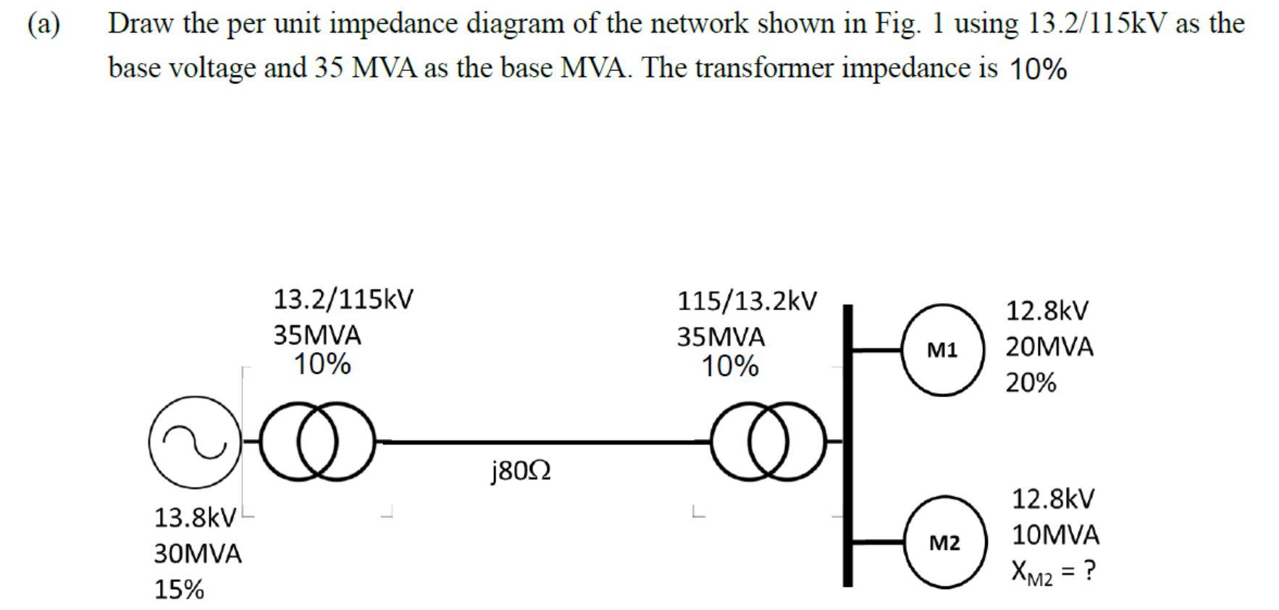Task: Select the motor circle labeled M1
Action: pyautogui.click(x=942, y=350)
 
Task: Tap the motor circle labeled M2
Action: pyautogui.click(x=944, y=542)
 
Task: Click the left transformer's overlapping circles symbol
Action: pyautogui.click(x=317, y=441)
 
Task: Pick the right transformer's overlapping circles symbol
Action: pyautogui.click(x=768, y=441)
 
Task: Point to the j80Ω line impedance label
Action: pyautogui.click(x=521, y=472)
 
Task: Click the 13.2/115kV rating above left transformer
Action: pyautogui.click(x=343, y=299)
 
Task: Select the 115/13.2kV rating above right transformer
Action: pyautogui.click(x=747, y=301)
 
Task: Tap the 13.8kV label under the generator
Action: pyautogui.click(x=195, y=518)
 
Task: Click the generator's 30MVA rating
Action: pyautogui.click(x=198, y=554)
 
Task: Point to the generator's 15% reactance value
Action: pyautogui.click(x=179, y=590)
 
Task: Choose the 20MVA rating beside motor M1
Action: pyautogui.click(x=1049, y=347)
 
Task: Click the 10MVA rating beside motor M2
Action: pyautogui.click(x=1055, y=535)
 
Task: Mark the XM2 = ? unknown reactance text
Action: pyautogui.click(x=1053, y=572)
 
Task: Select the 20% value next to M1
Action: pyautogui.click(x=1031, y=383)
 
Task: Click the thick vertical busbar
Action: pyautogui.click(x=847, y=446)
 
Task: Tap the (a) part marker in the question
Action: pyautogui.click(x=43, y=24)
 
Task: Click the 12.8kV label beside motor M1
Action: pyautogui.click(x=1047, y=311)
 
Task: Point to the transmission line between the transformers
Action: pyautogui.click(x=543, y=440)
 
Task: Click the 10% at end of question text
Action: pyautogui.click(x=1037, y=70)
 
